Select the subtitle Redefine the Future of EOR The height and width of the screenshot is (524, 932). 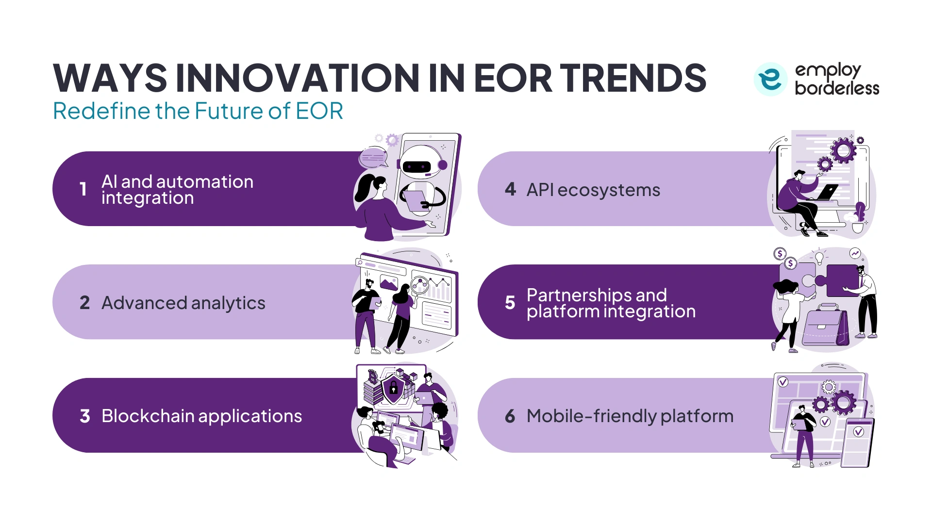[x=198, y=111]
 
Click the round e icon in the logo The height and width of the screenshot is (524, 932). [x=770, y=79]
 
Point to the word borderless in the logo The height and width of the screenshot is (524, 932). [x=837, y=88]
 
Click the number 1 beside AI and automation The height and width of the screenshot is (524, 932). [x=83, y=189]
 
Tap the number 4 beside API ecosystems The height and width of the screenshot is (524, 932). [x=510, y=189]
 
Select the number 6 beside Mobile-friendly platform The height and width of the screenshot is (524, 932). [x=510, y=416]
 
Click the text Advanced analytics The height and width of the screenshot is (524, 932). [x=183, y=303]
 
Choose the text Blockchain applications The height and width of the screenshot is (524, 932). [x=201, y=416]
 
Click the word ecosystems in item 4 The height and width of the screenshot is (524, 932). [x=609, y=190]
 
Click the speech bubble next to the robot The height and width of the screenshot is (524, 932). [x=373, y=158]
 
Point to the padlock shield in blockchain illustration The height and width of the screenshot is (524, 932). [x=393, y=388]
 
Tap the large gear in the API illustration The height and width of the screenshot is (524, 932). [x=844, y=150]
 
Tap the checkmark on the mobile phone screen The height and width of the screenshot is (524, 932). [x=858, y=432]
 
